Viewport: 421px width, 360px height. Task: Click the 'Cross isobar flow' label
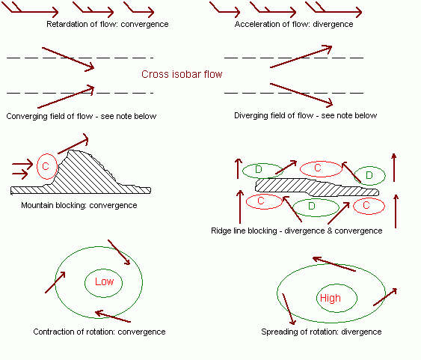coord(182,74)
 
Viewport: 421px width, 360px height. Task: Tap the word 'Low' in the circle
coord(104,281)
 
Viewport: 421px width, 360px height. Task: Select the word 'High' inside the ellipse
coord(331,298)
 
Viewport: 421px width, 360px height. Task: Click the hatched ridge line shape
coord(317,187)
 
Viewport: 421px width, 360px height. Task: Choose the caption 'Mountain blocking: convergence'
coord(79,205)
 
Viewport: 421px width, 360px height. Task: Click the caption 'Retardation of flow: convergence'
coord(108,24)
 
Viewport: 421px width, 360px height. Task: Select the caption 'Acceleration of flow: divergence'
coord(294,24)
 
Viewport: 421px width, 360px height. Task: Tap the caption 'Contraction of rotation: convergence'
coord(99,332)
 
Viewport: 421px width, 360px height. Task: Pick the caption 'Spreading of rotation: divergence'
coord(322,332)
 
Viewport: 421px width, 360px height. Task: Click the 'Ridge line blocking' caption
coord(297,231)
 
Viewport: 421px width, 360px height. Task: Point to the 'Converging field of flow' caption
coord(82,116)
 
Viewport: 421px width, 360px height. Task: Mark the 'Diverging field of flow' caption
coord(306,115)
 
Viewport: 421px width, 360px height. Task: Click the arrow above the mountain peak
coord(73,144)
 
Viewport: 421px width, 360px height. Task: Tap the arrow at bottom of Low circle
coord(113,317)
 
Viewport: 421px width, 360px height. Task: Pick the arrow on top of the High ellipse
coord(334,264)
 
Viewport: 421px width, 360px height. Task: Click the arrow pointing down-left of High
coord(289,309)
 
